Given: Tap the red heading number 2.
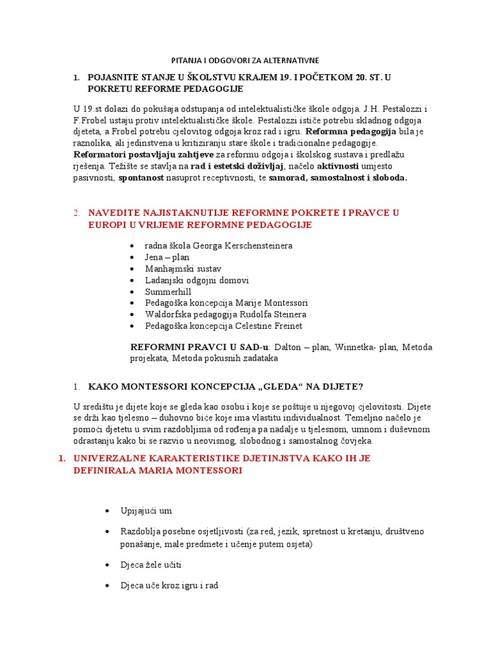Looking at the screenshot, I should pyautogui.click(x=76, y=212).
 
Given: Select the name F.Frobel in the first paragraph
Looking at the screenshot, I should pyautogui.click(x=90, y=120).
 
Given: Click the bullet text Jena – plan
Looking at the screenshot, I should pyautogui.click(x=167, y=257).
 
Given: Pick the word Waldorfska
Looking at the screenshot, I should pyautogui.click(x=168, y=314).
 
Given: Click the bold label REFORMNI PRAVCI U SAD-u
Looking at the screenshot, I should pyautogui.click(x=200, y=347).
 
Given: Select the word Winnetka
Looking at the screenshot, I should pyautogui.click(x=352, y=347).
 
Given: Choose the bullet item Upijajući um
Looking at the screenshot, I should pyautogui.click(x=146, y=510).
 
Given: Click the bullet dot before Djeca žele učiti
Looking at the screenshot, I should pyautogui.click(x=105, y=566).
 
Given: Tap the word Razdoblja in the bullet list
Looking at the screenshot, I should pyautogui.click(x=141, y=531).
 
